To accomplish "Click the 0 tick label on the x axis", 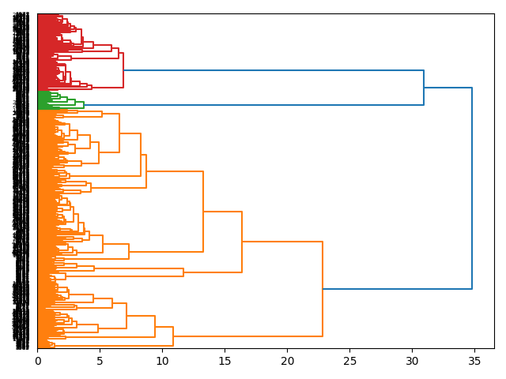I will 37,361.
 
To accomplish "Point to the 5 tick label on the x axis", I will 100,361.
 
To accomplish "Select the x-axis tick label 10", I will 162,361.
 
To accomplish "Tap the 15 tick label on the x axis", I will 225,361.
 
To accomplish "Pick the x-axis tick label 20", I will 287,361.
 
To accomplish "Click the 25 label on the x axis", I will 349,361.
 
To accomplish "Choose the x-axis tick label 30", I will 412,361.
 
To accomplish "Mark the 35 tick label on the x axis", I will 474,361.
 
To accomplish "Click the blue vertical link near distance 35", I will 472,188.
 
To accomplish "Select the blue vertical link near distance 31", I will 424,88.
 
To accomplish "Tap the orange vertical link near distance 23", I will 323,289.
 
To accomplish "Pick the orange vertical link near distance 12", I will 183,272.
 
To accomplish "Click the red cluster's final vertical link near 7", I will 123,70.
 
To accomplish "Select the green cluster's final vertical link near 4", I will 84,104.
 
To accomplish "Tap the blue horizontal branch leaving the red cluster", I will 274,70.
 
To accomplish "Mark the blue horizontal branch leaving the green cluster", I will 253,104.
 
